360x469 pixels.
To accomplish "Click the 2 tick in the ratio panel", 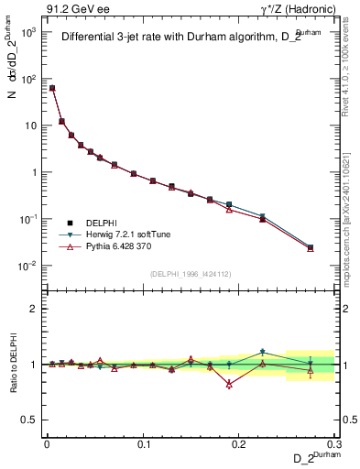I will click(x=36, y=309).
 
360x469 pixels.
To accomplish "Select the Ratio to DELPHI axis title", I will click(x=12, y=365).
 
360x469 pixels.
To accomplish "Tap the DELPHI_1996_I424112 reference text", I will click(x=191, y=275).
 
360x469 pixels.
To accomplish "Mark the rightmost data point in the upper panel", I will click(x=311, y=247).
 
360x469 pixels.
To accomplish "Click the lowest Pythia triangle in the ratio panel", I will click(x=228, y=385).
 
